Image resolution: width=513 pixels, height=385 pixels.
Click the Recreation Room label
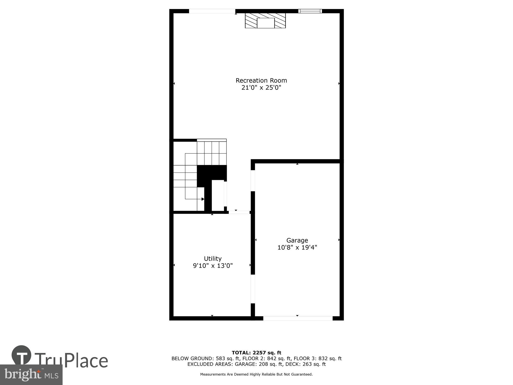pos(261,81)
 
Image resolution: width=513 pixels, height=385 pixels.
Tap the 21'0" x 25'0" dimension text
pos(261,88)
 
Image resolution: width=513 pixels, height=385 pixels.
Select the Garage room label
pos(297,240)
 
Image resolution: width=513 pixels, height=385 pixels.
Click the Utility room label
pos(213,259)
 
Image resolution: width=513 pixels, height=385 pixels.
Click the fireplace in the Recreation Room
pos(265,21)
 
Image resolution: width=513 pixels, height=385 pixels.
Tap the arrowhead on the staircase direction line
pos(203,199)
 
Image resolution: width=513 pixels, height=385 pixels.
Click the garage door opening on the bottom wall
pos(298,318)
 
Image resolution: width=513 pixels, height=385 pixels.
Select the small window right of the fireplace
pos(310,11)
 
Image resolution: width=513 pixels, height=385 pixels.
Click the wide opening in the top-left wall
pos(212,11)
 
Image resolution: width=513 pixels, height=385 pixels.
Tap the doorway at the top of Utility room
pos(239,212)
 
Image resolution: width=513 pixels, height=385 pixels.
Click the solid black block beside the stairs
pos(212,173)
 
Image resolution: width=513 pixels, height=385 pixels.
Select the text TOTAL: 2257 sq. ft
pos(256,353)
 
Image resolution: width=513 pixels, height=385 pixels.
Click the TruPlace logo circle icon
pos(22,355)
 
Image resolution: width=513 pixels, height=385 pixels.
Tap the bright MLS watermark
pos(31,375)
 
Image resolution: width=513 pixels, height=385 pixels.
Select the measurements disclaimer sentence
pos(256,374)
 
